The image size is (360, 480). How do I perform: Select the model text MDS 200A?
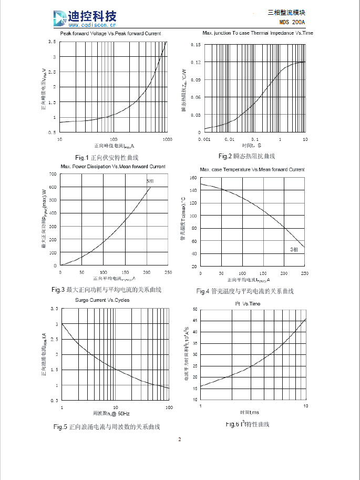click(x=293, y=22)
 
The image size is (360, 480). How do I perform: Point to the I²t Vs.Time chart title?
click(x=248, y=304)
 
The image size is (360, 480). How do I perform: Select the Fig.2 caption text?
click(x=246, y=156)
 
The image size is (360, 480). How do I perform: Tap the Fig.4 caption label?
click(x=245, y=291)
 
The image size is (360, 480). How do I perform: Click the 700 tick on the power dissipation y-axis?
click(x=53, y=173)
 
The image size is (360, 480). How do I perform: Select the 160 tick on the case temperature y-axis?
click(x=193, y=178)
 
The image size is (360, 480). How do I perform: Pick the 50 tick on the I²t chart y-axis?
click(x=194, y=309)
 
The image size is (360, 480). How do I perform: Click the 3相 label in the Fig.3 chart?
click(x=150, y=181)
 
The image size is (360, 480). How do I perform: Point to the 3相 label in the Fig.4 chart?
click(x=295, y=249)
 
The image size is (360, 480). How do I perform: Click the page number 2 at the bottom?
click(x=179, y=440)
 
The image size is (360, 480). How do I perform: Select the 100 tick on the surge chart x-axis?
click(x=169, y=407)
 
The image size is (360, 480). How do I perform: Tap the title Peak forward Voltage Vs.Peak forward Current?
click(x=110, y=34)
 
